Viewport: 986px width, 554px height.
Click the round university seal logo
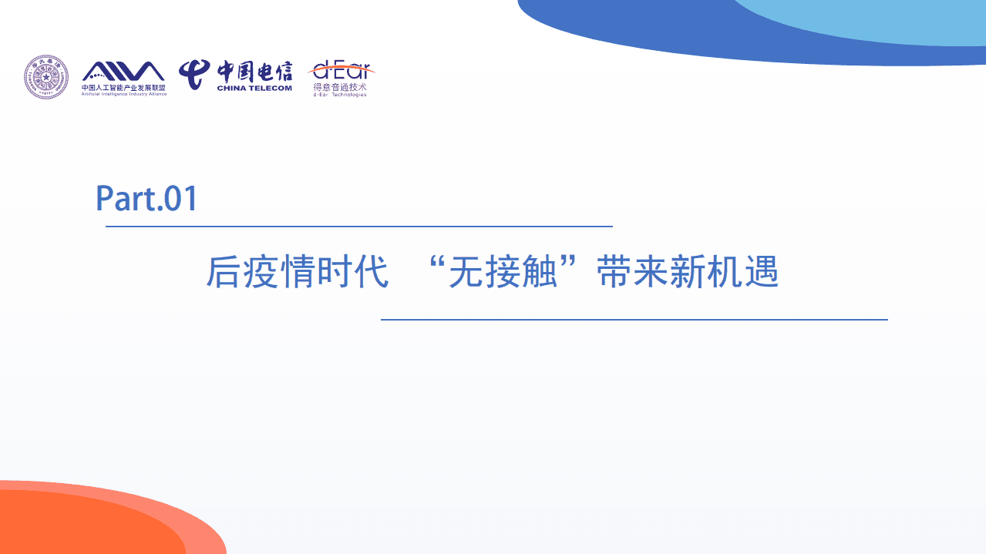coord(45,76)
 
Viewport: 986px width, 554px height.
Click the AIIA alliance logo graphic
coord(123,71)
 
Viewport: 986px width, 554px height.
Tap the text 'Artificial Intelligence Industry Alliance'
coord(124,93)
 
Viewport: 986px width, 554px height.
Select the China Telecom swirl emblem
coord(195,74)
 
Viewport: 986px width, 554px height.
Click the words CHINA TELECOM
coord(254,89)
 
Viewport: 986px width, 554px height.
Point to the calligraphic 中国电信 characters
coord(254,71)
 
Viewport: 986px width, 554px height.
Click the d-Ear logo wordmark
coord(341,71)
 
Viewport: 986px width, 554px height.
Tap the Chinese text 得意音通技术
coord(340,88)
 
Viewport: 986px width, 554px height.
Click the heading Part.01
coord(146,199)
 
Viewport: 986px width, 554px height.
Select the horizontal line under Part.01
coord(358,227)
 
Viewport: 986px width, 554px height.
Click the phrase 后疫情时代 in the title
coord(297,272)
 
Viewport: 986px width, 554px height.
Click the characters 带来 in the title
coord(632,272)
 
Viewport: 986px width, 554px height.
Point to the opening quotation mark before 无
coord(440,264)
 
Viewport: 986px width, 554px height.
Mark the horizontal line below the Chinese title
coord(634,319)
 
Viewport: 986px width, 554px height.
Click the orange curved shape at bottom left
coord(77,524)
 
